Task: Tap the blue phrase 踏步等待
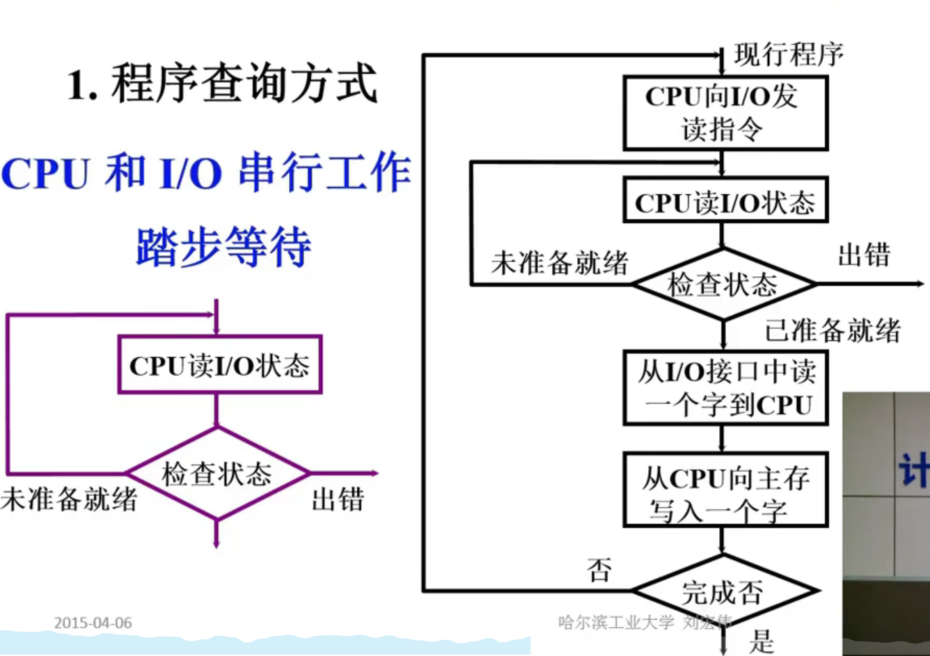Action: point(223,247)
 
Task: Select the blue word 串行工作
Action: point(324,174)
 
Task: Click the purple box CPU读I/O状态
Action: point(219,365)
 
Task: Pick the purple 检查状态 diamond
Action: point(216,474)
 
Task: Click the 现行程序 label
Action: point(789,55)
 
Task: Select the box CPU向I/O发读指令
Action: point(725,113)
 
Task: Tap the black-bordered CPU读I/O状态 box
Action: point(725,202)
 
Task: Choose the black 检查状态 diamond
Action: point(723,285)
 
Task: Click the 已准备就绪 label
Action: point(833,330)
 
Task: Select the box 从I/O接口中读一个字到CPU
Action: point(725,388)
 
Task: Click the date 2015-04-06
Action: point(93,623)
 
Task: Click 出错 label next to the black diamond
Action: point(864,255)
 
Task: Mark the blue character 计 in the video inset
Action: point(914,470)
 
